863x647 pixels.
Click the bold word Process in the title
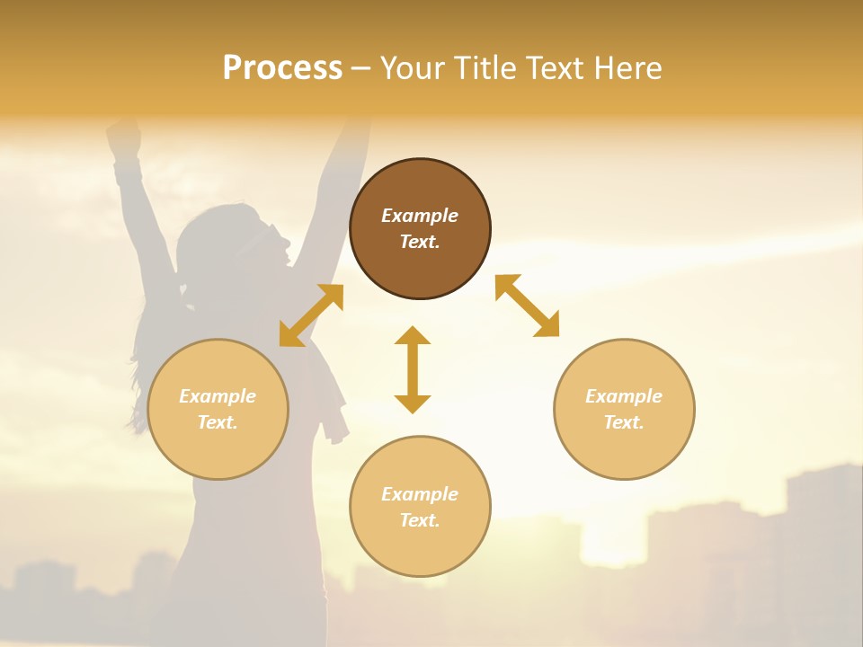coord(282,68)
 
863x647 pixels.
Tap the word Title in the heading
coord(484,68)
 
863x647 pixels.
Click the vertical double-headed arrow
coord(413,369)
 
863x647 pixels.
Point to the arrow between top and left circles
coord(311,315)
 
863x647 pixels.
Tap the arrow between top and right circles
coord(528,306)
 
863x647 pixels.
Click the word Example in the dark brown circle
coord(420,216)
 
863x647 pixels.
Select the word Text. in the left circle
coord(218,422)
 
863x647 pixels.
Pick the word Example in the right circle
coord(624,396)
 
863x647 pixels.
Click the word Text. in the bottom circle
coord(420,520)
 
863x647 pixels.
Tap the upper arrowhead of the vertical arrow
coord(413,336)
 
